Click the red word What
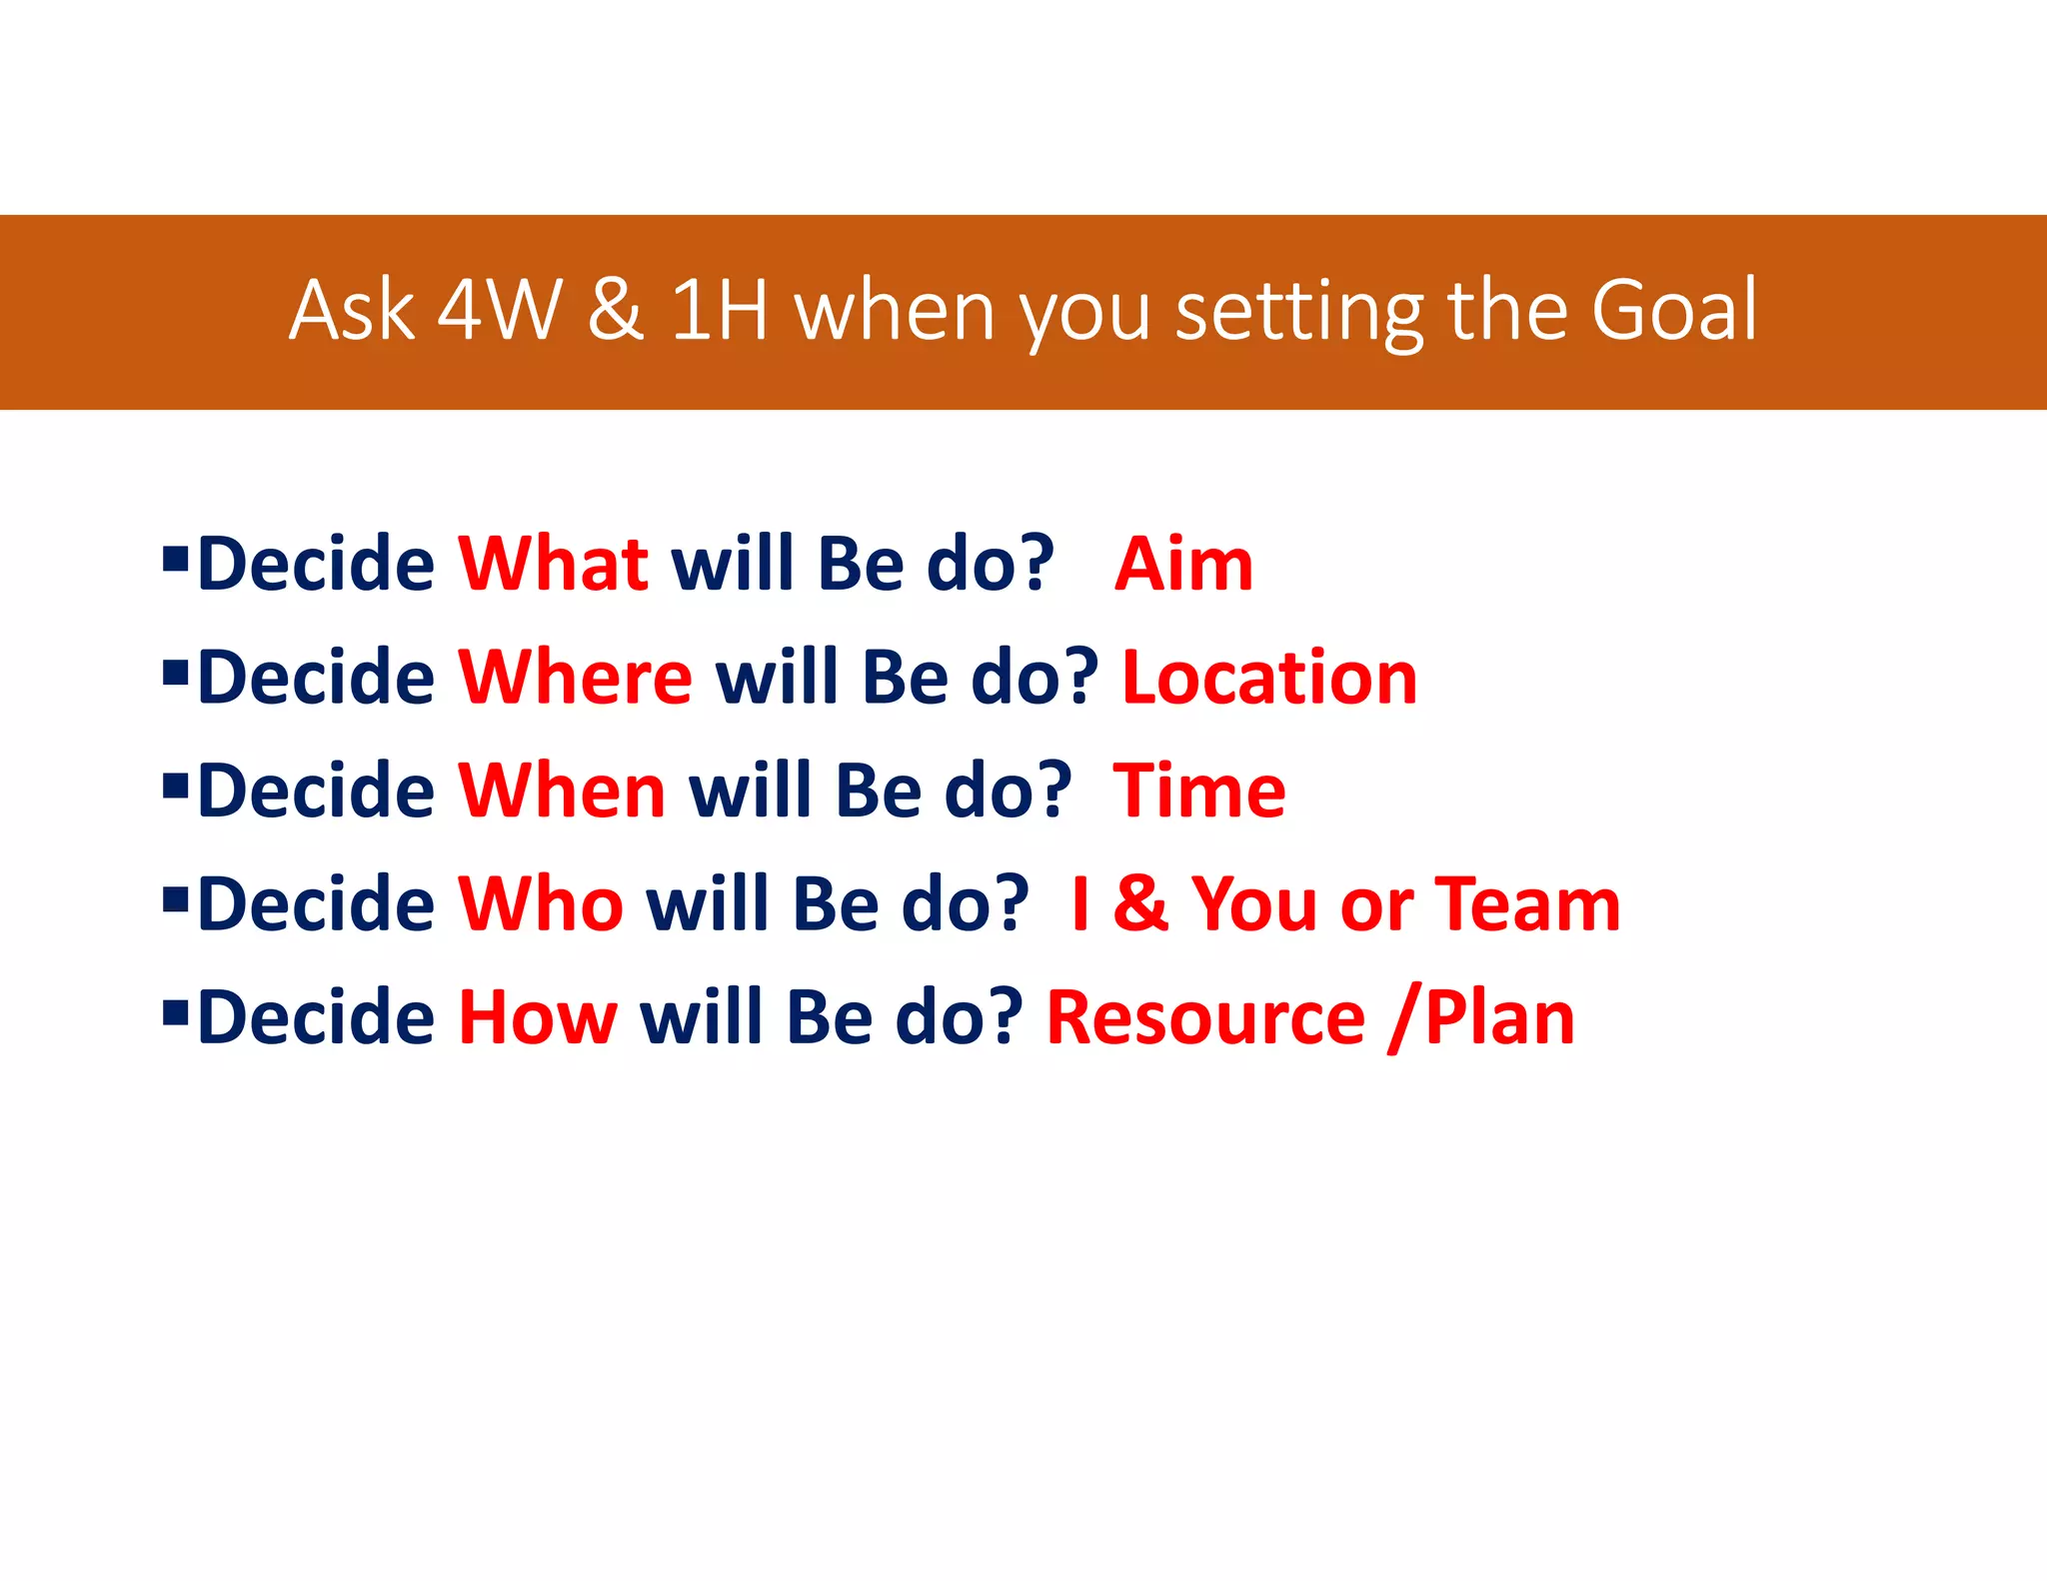coord(553,564)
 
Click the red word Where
coord(575,678)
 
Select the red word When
coord(562,790)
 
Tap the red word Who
coord(541,904)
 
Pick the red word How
coord(538,1017)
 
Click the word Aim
coord(1183,564)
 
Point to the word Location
coord(1269,678)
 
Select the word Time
coord(1199,790)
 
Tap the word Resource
coord(1205,1017)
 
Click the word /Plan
coord(1482,1017)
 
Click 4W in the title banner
coord(500,310)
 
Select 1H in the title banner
coord(719,310)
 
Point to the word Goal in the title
coord(1673,310)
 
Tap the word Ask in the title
coord(352,310)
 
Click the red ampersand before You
coord(1140,904)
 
